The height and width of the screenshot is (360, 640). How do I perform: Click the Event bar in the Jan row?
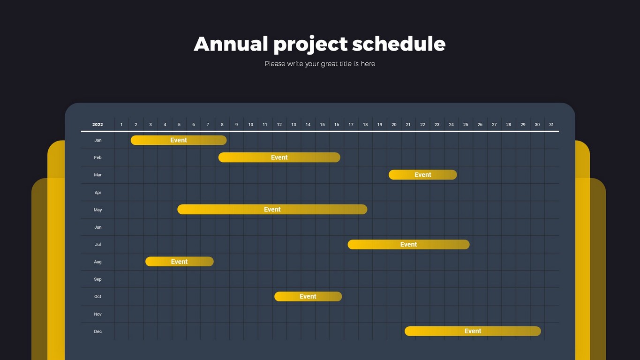[x=179, y=140]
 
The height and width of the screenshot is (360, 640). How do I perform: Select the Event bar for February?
[x=279, y=157]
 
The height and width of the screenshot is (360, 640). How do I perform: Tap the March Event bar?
[x=422, y=175]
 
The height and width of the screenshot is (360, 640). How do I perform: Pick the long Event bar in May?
[x=272, y=210]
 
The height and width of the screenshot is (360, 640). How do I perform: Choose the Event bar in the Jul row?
[x=408, y=245]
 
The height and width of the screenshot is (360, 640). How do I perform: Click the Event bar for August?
[x=180, y=262]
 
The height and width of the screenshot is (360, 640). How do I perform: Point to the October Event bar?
[x=308, y=297]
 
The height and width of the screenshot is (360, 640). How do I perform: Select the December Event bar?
[x=473, y=331]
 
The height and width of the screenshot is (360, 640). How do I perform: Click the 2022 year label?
[x=98, y=125]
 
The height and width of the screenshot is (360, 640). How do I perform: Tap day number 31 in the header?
[x=551, y=125]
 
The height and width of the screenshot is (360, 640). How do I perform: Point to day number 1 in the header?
[x=121, y=125]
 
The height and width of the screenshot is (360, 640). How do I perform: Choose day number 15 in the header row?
[x=322, y=125]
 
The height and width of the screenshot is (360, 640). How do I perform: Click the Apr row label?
[x=98, y=193]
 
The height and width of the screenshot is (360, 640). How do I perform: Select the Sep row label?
[x=98, y=279]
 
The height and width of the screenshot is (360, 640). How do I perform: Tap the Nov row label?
[x=98, y=314]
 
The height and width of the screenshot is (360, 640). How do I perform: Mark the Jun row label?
[x=98, y=227]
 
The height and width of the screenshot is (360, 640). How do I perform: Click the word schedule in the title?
[x=399, y=44]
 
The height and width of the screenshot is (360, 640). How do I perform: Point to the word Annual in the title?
[x=231, y=44]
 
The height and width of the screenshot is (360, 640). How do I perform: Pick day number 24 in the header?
[x=451, y=125]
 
